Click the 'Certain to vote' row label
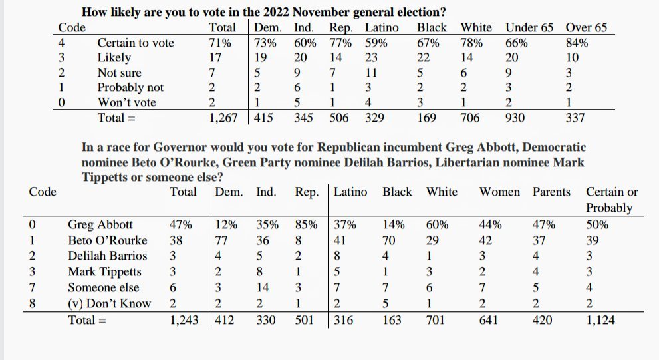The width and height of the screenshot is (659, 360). click(135, 43)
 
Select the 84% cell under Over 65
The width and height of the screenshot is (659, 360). click(577, 43)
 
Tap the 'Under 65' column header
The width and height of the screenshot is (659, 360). click(529, 28)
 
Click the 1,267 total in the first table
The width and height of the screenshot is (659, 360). click(223, 118)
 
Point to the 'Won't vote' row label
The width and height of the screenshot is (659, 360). click(126, 102)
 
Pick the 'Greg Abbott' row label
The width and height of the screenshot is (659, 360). click(100, 224)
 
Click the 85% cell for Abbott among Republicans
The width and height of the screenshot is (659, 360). click(306, 224)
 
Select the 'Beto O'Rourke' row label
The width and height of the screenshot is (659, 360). click(108, 240)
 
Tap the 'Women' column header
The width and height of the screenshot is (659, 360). click(500, 192)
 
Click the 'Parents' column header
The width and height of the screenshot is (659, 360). click(551, 192)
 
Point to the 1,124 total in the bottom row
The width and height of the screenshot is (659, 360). click(600, 320)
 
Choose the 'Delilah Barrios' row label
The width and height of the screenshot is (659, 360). click(107, 256)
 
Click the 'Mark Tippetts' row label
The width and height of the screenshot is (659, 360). click(104, 271)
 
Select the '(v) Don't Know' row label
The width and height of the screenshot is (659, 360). click(109, 303)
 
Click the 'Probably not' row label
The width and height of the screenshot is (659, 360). click(130, 88)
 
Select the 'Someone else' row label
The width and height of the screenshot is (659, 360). click(104, 287)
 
